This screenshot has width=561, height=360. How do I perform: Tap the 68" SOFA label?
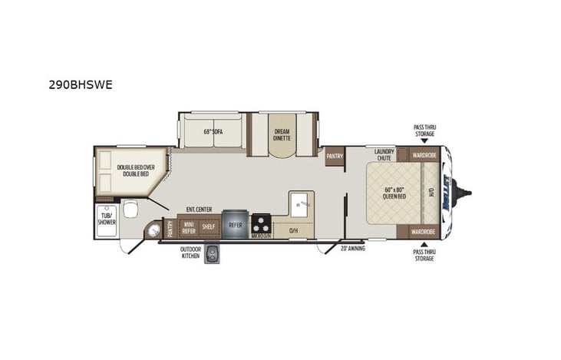coord(212,131)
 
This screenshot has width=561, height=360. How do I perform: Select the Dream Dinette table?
coord(282,137)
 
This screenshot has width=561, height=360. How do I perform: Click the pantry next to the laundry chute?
coord(334,156)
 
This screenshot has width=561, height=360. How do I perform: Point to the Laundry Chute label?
coord(384,154)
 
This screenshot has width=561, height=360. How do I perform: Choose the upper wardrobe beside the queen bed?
coord(423,154)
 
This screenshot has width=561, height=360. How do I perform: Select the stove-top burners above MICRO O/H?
coord(262,224)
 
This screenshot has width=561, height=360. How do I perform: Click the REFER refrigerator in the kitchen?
coord(235,225)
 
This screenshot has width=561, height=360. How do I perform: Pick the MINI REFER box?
coord(188,227)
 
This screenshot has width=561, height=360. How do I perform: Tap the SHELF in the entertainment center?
coord(209,227)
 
